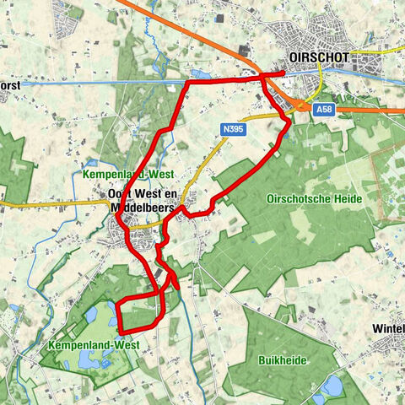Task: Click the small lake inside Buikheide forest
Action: (332, 386)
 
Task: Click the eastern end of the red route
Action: (283, 74)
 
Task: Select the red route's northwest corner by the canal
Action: (186, 83)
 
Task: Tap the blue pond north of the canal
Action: (203, 74)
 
